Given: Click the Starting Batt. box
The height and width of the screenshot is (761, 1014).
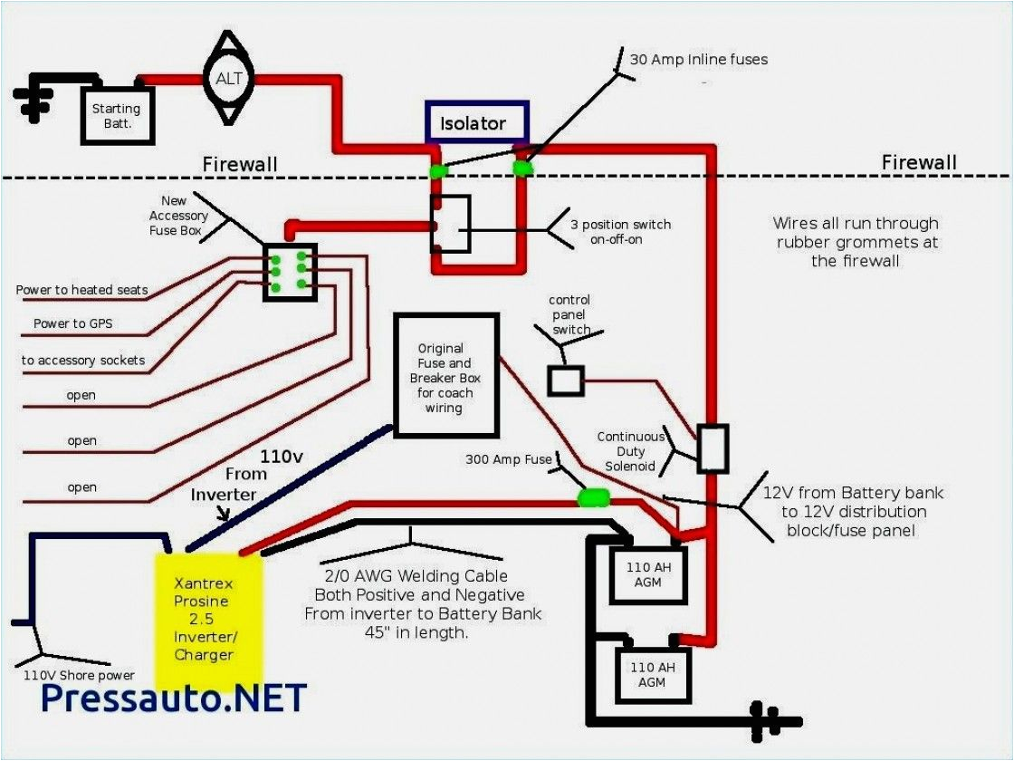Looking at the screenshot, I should pos(118,115).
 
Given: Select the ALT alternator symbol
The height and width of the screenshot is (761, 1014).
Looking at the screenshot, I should pos(229,79).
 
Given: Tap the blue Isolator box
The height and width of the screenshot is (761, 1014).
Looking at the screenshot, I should pos(477,122).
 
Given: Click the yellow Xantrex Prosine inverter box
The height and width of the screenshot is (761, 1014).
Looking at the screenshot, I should pos(209,621).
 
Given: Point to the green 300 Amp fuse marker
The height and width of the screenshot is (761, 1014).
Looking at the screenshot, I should pos(594,497).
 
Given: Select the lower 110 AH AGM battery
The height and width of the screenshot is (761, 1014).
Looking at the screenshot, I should pos(653,674).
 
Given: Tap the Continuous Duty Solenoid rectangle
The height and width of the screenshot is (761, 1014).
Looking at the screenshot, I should pos(713,448).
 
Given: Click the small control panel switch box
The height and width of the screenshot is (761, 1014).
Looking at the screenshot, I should pos(566,380).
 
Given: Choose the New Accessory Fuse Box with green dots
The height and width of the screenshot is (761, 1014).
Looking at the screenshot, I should pos(290,270).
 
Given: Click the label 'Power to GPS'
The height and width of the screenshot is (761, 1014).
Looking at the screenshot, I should pos(72,323).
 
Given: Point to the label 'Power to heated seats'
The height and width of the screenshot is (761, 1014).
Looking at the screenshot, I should pos(81,290).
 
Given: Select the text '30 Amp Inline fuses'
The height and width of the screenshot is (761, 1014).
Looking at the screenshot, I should pos(698,60).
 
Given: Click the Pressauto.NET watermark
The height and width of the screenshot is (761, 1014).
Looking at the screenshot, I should pos(174,698).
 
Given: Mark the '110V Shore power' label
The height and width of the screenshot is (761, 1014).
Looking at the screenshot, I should pos(80,675).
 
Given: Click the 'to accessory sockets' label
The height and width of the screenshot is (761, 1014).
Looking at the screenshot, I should pos(83,361).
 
